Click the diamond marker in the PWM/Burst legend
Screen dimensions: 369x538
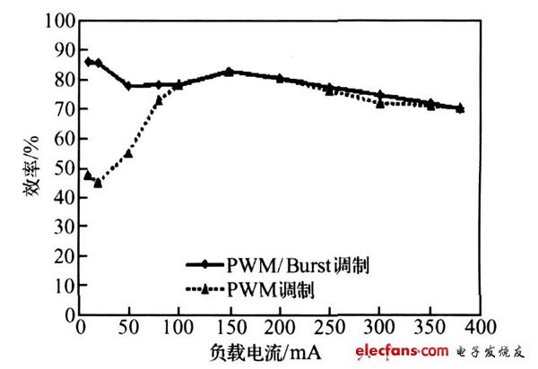tap(205, 265)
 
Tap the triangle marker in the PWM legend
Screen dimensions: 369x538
tap(205, 288)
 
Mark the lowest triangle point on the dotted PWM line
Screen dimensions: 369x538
tap(98, 183)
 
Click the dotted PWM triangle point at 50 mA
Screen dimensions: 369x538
tap(128, 153)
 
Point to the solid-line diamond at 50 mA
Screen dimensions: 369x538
tap(128, 86)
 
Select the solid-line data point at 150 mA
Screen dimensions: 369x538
tap(229, 71)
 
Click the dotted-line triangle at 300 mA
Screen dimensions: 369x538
tap(380, 103)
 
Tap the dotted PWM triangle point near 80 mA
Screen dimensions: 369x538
tap(159, 99)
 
